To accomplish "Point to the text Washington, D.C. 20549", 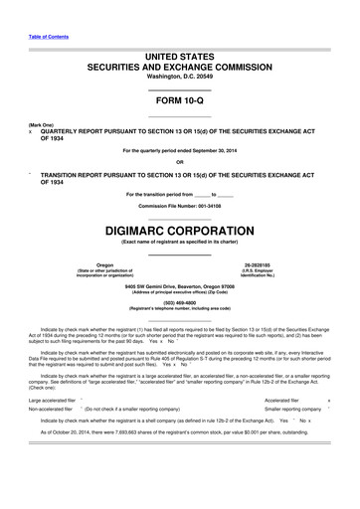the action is (180, 76).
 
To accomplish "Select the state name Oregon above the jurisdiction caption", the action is (90, 265).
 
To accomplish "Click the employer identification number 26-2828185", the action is (270, 265).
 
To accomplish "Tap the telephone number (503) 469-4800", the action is (180, 301).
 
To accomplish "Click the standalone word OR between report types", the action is (180, 162).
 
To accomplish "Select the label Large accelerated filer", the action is (56, 427).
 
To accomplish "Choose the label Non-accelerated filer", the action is (52, 436).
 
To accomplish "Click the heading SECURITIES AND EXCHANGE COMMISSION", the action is (180, 64).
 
